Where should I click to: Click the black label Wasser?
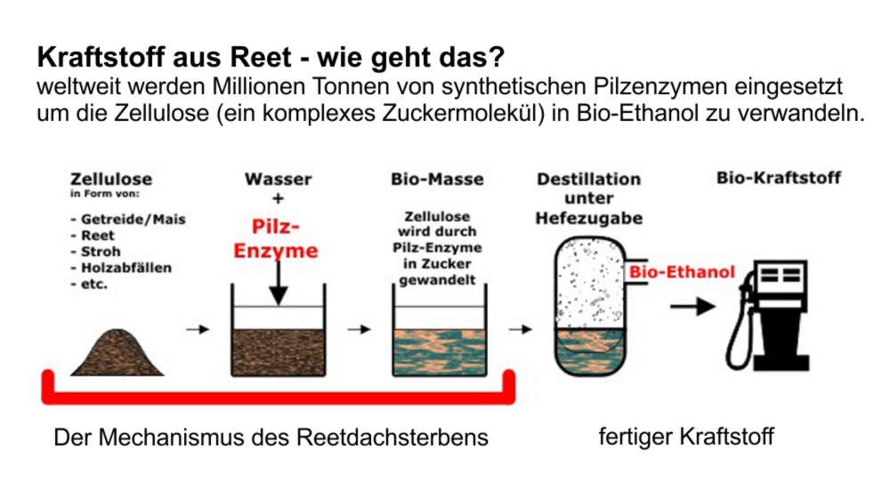click(x=278, y=179)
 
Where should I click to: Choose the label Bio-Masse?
click(x=437, y=179)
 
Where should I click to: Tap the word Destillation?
click(x=588, y=180)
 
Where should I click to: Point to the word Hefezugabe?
click(x=588, y=218)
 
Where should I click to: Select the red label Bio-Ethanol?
click(x=682, y=271)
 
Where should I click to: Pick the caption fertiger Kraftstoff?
click(x=686, y=437)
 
